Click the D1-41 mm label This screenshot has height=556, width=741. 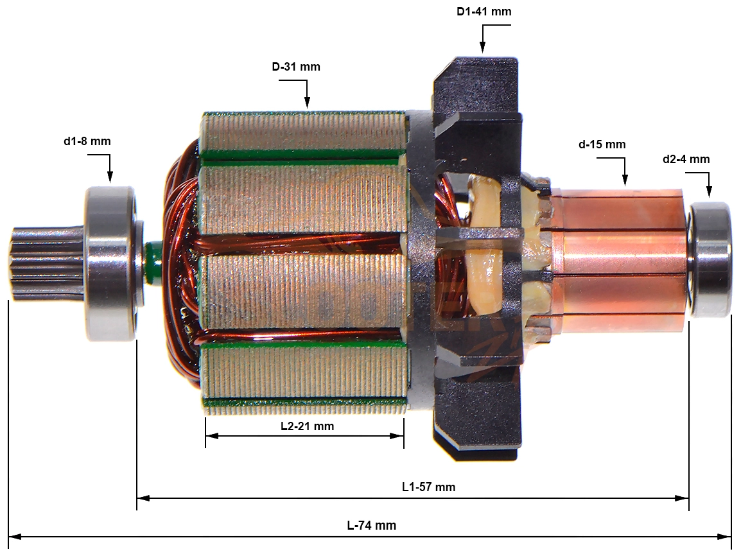484,12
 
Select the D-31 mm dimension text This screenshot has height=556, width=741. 296,67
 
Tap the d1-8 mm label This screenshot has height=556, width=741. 87,141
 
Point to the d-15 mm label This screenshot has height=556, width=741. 602,144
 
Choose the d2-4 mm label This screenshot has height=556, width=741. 686,159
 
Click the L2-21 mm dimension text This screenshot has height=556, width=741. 307,426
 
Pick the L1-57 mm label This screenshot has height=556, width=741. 429,487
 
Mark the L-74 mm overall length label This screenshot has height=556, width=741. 371,525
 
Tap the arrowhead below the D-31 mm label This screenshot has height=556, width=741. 307,102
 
